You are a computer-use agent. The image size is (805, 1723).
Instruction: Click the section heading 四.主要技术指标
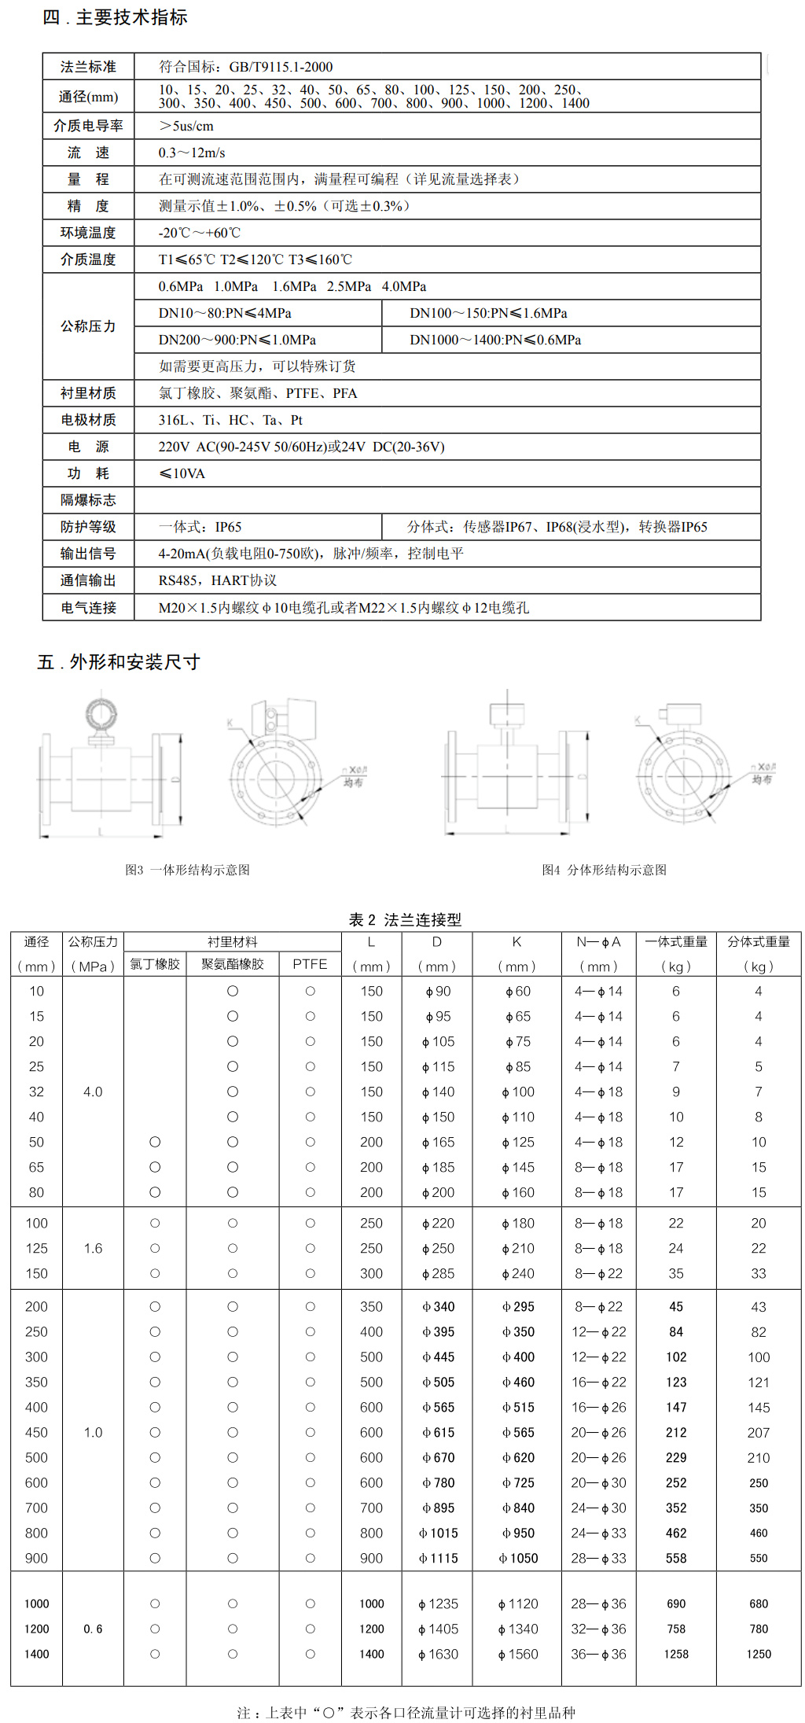pyautogui.click(x=115, y=17)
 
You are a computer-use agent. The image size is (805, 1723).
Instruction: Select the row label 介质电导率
pyautogui.click(x=88, y=126)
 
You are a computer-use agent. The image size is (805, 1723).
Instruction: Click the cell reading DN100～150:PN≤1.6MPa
pyautogui.click(x=488, y=313)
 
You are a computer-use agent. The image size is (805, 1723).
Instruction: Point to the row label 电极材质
pyautogui.click(x=88, y=420)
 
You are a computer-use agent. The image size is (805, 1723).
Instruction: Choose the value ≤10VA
pyautogui.click(x=182, y=473)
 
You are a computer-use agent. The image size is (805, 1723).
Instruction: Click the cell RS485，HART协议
pyautogui.click(x=218, y=580)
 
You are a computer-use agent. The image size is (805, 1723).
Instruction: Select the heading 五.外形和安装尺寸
pyautogui.click(x=119, y=662)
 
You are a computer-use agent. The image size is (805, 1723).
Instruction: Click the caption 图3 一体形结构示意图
pyautogui.click(x=187, y=870)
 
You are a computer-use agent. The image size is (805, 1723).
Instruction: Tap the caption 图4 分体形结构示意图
pyautogui.click(x=604, y=870)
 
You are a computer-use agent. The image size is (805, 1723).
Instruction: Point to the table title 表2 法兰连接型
pyautogui.click(x=405, y=919)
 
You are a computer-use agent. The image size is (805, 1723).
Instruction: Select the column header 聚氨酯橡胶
pyautogui.click(x=233, y=964)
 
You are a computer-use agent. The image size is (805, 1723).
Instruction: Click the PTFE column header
pyautogui.click(x=310, y=964)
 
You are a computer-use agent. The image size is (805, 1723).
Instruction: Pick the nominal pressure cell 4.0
pyautogui.click(x=93, y=1092)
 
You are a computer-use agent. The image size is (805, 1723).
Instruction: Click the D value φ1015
pyautogui.click(x=438, y=1533)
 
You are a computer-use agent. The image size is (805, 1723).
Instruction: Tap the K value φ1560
pyautogui.click(x=518, y=1654)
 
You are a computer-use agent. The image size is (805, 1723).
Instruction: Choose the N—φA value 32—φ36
pyautogui.click(x=598, y=1629)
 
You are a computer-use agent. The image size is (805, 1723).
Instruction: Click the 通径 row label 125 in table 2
pyautogui.click(x=36, y=1248)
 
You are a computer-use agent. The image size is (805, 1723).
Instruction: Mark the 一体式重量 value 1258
pyautogui.click(x=676, y=1654)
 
